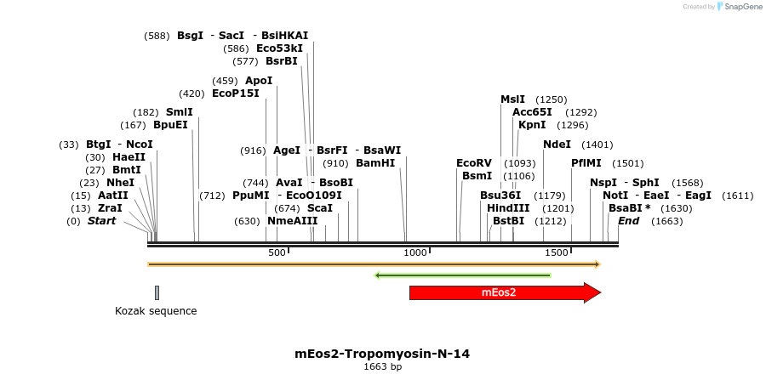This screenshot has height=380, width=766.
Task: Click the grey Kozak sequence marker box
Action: click(157, 292)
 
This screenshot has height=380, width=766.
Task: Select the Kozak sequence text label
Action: click(156, 311)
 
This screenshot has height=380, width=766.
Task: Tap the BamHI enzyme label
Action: click(375, 163)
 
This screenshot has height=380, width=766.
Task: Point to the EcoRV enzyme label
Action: click(474, 163)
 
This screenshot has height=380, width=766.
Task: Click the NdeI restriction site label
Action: click(557, 145)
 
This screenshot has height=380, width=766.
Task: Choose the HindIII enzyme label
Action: click(508, 207)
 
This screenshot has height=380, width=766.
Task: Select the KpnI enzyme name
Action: click(532, 125)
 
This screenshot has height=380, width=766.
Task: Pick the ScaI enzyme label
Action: click(320, 207)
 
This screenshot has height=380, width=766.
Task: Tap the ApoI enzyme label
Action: click(259, 81)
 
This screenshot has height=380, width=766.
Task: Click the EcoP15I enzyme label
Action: click(236, 94)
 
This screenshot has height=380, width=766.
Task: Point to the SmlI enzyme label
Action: click(180, 112)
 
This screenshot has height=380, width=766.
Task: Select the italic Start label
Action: click(101, 221)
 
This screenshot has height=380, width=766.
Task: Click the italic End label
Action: click(628, 221)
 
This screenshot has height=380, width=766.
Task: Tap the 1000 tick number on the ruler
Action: click(415, 252)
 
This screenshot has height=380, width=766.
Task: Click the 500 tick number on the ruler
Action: click(277, 252)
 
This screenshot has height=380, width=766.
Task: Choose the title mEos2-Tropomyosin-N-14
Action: click(382, 353)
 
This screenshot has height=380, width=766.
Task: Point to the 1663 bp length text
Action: click(382, 367)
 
